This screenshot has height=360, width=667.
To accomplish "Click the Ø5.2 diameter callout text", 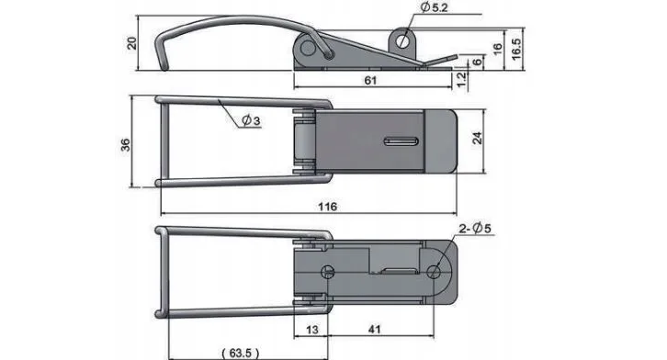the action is click(434, 7).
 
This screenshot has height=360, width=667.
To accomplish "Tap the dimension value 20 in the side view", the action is click(132, 43).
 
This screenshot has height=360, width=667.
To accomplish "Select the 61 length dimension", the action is click(370, 80).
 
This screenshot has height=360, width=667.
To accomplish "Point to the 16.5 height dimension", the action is click(515, 49).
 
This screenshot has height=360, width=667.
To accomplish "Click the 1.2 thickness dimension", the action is click(461, 80).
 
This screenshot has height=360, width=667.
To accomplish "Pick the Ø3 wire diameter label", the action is click(251, 120).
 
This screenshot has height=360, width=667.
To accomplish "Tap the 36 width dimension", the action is click(126, 144).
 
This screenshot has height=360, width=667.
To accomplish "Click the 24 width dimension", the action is click(477, 138).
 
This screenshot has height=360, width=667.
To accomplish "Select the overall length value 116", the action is click(328, 207).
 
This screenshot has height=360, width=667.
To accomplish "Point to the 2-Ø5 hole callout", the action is click(475, 229).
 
